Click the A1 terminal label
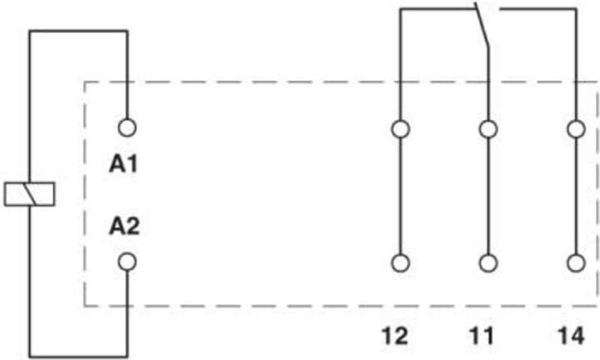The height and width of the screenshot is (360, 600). (x=123, y=164)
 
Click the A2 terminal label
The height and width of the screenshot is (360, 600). (x=124, y=226)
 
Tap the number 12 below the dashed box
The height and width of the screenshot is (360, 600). (x=395, y=336)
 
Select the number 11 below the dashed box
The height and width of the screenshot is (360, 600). (x=482, y=336)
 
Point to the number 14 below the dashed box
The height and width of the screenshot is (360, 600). (x=572, y=336)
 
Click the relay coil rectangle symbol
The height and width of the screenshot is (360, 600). (x=29, y=194)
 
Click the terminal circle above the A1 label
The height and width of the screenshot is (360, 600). (x=127, y=127)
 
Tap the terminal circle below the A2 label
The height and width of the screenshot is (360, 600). (x=127, y=262)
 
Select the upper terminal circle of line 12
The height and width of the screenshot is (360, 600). (x=401, y=129)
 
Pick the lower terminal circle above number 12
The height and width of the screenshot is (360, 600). (x=401, y=263)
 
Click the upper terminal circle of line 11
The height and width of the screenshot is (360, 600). (x=488, y=129)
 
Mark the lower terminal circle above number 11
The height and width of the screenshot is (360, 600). (x=488, y=263)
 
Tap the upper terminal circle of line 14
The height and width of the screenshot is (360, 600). (x=577, y=129)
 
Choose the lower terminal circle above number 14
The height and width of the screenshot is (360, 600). (x=577, y=263)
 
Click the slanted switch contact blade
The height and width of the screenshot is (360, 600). (x=482, y=25)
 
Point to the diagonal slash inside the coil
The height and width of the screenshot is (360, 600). (x=29, y=194)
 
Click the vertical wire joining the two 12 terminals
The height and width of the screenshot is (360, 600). (x=401, y=196)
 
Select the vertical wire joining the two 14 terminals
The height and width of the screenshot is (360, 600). (x=577, y=196)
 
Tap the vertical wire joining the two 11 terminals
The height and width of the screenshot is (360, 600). (x=488, y=196)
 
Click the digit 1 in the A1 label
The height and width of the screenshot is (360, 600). (x=132, y=164)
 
